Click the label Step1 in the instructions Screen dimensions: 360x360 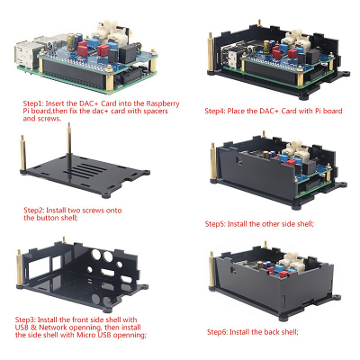point(34,103)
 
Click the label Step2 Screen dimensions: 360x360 point(35,214)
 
